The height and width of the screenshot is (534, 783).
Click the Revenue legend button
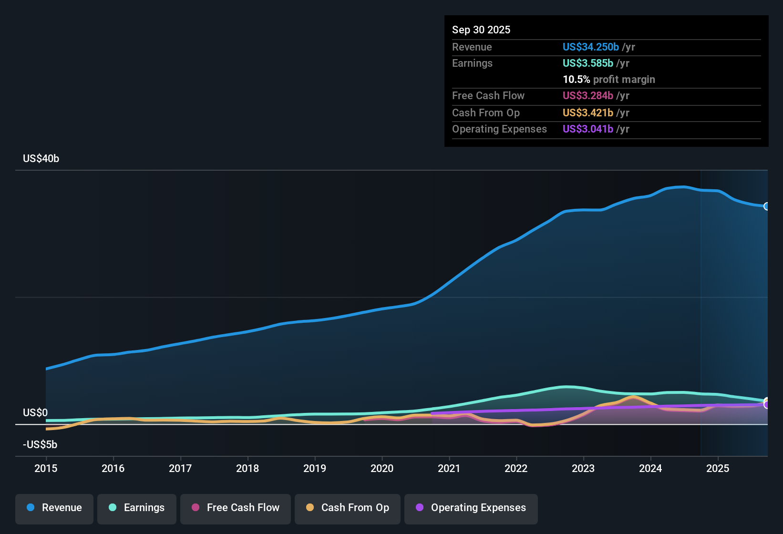[54, 508]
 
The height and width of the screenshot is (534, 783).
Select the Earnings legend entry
[137, 508]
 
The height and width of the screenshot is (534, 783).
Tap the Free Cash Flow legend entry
[236, 508]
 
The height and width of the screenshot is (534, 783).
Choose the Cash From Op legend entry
[348, 508]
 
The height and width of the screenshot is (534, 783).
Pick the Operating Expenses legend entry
[471, 508]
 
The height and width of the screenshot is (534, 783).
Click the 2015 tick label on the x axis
[46, 468]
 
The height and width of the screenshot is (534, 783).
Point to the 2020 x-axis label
[382, 468]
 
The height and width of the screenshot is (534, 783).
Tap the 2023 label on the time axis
[583, 468]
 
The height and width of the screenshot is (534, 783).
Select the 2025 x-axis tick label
[718, 468]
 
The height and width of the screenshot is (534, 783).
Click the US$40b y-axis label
[41, 159]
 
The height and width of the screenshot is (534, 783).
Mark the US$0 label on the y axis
[35, 412]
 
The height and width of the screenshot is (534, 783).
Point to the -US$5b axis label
[40, 444]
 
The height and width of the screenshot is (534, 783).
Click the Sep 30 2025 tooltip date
[481, 30]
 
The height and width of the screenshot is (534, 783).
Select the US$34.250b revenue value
[590, 47]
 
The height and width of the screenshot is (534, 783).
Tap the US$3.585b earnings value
[587, 63]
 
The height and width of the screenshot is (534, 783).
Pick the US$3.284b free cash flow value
[587, 95]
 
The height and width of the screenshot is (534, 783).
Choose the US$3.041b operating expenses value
[587, 129]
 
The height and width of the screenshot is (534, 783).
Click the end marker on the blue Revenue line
[767, 206]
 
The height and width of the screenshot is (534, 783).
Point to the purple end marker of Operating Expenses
[767, 405]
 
